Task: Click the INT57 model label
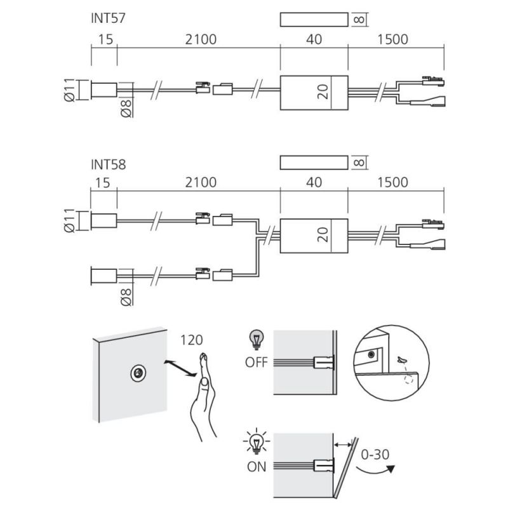click(x=108, y=18)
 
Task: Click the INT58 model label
click(x=108, y=164)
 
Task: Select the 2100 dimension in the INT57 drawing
click(x=201, y=39)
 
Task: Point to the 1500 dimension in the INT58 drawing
click(x=392, y=182)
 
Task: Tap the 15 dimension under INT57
click(x=105, y=39)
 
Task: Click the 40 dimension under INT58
click(x=314, y=182)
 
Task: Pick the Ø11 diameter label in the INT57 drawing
click(x=70, y=90)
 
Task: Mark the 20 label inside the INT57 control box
click(x=323, y=92)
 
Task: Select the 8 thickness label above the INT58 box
click(x=359, y=163)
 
